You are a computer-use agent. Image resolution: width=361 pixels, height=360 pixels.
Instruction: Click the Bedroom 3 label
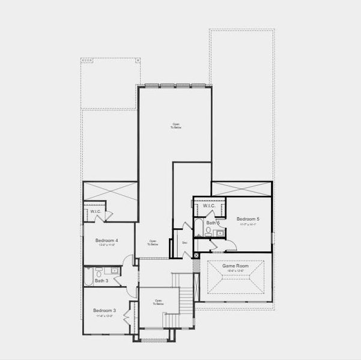[x=105, y=310]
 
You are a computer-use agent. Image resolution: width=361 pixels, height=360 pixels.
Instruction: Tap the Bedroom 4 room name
[x=106, y=240]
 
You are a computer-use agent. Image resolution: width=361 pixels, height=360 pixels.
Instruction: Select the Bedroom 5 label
[x=247, y=219]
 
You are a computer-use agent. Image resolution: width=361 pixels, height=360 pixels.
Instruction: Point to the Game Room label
[x=232, y=266]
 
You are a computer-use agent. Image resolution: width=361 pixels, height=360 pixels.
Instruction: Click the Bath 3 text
[x=102, y=280]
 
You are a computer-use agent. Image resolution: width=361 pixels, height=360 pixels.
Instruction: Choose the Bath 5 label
[x=213, y=223]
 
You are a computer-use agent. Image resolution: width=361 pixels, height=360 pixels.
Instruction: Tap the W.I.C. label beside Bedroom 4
[x=96, y=211]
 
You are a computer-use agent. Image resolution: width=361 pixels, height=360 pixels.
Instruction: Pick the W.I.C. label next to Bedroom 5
[x=209, y=206]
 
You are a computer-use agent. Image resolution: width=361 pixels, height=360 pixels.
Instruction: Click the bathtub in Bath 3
[x=88, y=278]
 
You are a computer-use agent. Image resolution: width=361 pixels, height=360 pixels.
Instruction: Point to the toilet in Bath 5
[x=208, y=233]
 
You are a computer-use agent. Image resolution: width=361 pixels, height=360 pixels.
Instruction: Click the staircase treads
[x=187, y=294]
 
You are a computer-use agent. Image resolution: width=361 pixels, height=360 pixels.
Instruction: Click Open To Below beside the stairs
[x=159, y=303]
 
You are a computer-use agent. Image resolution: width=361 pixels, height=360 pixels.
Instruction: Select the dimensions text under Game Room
[x=232, y=271]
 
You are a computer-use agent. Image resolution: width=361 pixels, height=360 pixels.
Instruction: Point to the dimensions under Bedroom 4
[x=106, y=245]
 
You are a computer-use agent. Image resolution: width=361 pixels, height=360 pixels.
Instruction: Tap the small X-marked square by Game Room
[x=197, y=254]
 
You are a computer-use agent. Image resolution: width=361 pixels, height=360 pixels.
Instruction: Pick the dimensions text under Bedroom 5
[x=247, y=225]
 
